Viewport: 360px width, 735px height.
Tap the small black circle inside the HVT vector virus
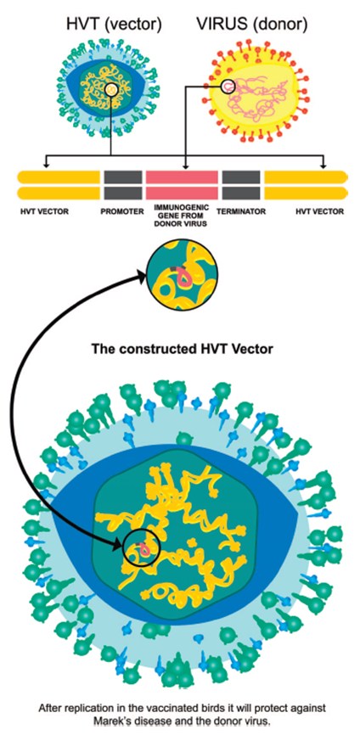pos(111,88)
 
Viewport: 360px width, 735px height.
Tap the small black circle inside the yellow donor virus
pos(228,86)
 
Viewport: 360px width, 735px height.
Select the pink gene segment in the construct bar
pos(182,185)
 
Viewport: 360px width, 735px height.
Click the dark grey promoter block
pos(123,185)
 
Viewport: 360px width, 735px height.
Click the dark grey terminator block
pos(241,185)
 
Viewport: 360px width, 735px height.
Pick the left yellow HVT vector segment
pos(59,185)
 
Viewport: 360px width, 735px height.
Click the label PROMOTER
pos(122,211)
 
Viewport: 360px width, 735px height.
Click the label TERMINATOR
pos(241,211)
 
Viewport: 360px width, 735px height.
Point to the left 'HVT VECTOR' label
pos(44,211)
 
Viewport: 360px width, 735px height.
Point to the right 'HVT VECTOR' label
pos(320,211)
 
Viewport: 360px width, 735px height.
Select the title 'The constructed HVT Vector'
pos(182,349)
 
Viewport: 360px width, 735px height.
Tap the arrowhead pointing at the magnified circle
pos(141,277)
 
